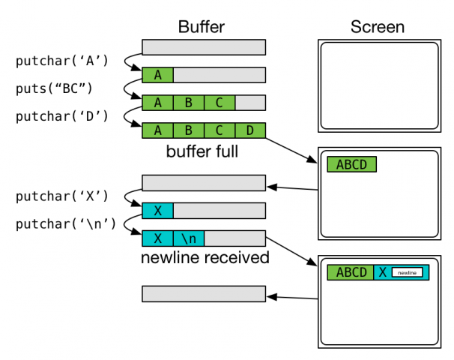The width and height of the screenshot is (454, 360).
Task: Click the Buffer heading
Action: [202, 28]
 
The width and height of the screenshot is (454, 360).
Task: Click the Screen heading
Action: [378, 28]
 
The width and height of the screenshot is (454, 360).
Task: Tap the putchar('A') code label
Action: [63, 61]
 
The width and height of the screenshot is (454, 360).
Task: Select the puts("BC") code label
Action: [54, 88]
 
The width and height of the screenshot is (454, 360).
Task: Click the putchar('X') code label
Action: [63, 196]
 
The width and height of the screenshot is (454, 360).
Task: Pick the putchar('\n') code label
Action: [66, 223]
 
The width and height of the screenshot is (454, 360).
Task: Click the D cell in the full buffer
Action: [250, 130]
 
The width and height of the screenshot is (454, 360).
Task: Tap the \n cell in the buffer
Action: [188, 238]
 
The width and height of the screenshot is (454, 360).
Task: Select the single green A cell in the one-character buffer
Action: [157, 75]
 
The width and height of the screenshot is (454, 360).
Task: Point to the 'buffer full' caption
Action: [202, 152]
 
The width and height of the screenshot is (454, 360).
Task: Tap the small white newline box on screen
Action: [408, 272]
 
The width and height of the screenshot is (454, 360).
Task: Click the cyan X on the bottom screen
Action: [382, 272]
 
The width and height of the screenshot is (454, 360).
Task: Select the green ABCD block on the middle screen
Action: [351, 165]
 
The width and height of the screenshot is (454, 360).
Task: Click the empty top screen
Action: [378, 86]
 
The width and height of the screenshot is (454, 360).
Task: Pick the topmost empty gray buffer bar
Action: [204, 47]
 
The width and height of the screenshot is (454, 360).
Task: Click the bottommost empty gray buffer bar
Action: [204, 293]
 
